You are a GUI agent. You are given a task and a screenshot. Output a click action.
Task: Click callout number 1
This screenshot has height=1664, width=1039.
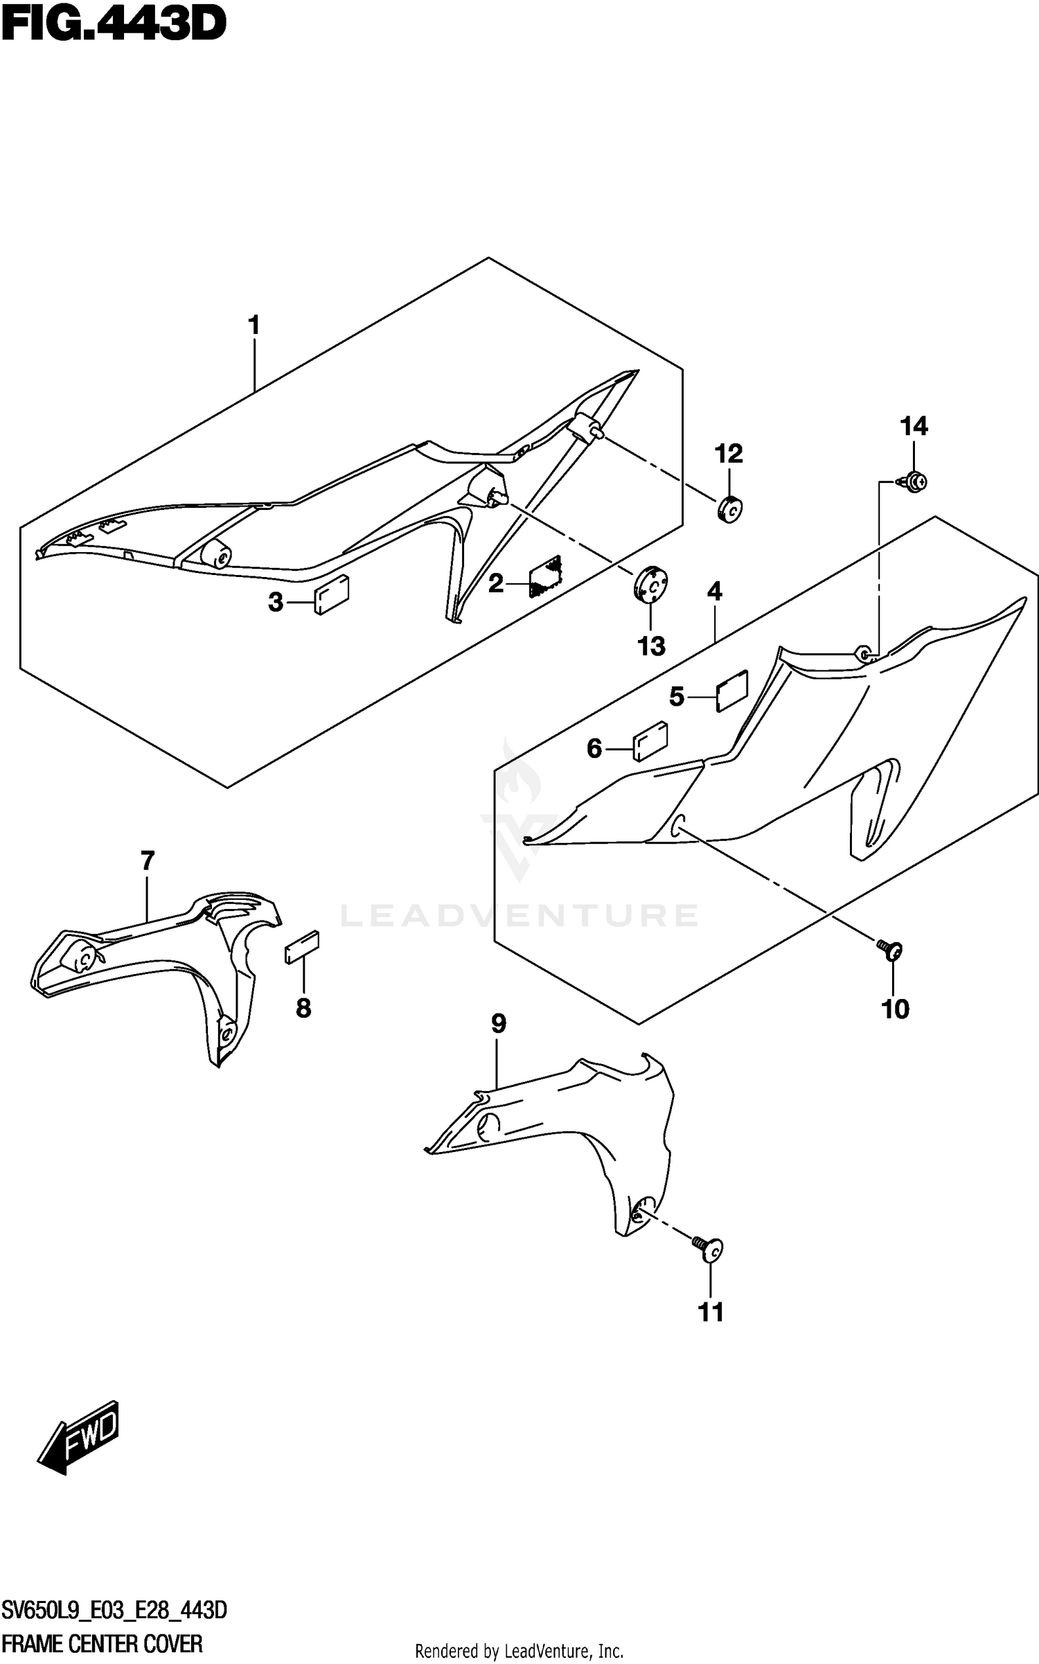254,326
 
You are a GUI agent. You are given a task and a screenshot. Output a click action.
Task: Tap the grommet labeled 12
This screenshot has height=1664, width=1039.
729,510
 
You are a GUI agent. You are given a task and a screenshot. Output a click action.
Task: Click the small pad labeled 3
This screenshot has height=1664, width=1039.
332,594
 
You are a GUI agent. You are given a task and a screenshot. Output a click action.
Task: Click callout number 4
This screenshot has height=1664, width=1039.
715,592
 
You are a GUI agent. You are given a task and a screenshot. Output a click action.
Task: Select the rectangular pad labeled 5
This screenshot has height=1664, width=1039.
731,691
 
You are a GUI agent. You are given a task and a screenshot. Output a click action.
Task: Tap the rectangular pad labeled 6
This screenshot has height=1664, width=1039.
650,742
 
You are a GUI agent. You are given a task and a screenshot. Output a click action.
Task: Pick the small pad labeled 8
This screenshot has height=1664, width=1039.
301,946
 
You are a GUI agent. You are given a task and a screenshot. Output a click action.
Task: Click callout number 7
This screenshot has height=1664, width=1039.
147,861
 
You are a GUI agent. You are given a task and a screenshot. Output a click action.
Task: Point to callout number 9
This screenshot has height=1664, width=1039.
499,1023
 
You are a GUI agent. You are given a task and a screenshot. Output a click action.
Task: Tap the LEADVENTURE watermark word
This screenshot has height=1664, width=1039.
519,916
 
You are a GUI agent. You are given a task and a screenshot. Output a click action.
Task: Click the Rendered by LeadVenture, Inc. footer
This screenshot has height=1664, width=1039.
519,1651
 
